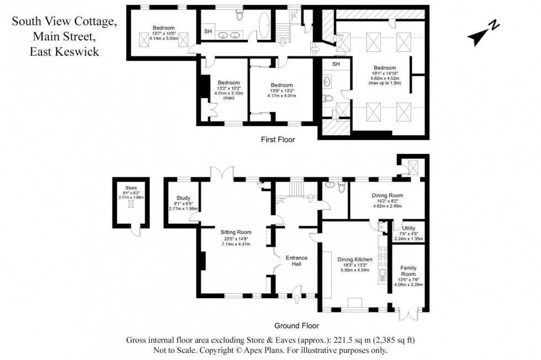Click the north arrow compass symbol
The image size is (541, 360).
tap(483, 34)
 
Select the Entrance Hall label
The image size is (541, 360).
tap(296, 261)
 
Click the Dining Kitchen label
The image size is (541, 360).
tap(356, 259)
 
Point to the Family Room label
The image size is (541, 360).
tap(409, 271)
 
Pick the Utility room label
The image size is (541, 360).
tap(409, 227)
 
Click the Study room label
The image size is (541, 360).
tap(183, 198)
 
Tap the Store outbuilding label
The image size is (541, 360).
tap(130, 188)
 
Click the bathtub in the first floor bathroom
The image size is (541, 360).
tap(264, 28)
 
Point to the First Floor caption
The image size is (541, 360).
tap(278, 140)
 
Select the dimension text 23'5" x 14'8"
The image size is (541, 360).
tap(236, 239)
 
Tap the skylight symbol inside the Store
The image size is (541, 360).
tap(130, 204)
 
